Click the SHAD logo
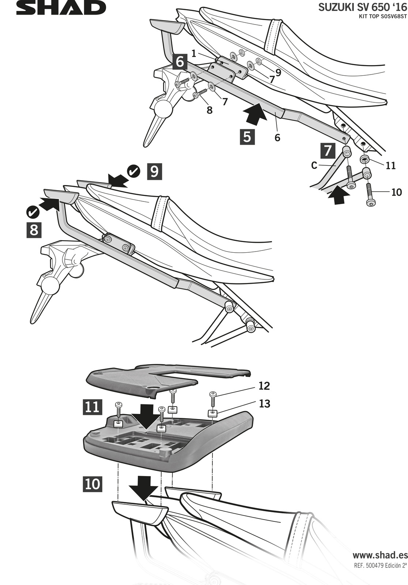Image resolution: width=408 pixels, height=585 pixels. coord(61,8)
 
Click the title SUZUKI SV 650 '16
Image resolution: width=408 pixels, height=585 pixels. coord(363,8)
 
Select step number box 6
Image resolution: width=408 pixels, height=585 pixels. coord(180,62)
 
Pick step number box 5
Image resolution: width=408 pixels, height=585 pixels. coord(247,137)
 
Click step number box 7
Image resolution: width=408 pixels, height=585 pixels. coord(328,151)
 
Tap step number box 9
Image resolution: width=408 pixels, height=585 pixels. coord(154,171)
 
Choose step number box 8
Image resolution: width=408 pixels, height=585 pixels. coord(34,230)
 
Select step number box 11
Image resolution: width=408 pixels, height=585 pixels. coord(92,407)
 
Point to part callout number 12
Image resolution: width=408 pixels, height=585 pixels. coord(264,386)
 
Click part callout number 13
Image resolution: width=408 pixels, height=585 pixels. coord(264,404)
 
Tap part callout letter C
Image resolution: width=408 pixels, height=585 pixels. coord(314,166)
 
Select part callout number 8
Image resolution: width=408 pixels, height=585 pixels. coord(209,110)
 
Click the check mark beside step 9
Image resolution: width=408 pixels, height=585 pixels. coord(133,171)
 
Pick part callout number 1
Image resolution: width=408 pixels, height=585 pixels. coord(193,53)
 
